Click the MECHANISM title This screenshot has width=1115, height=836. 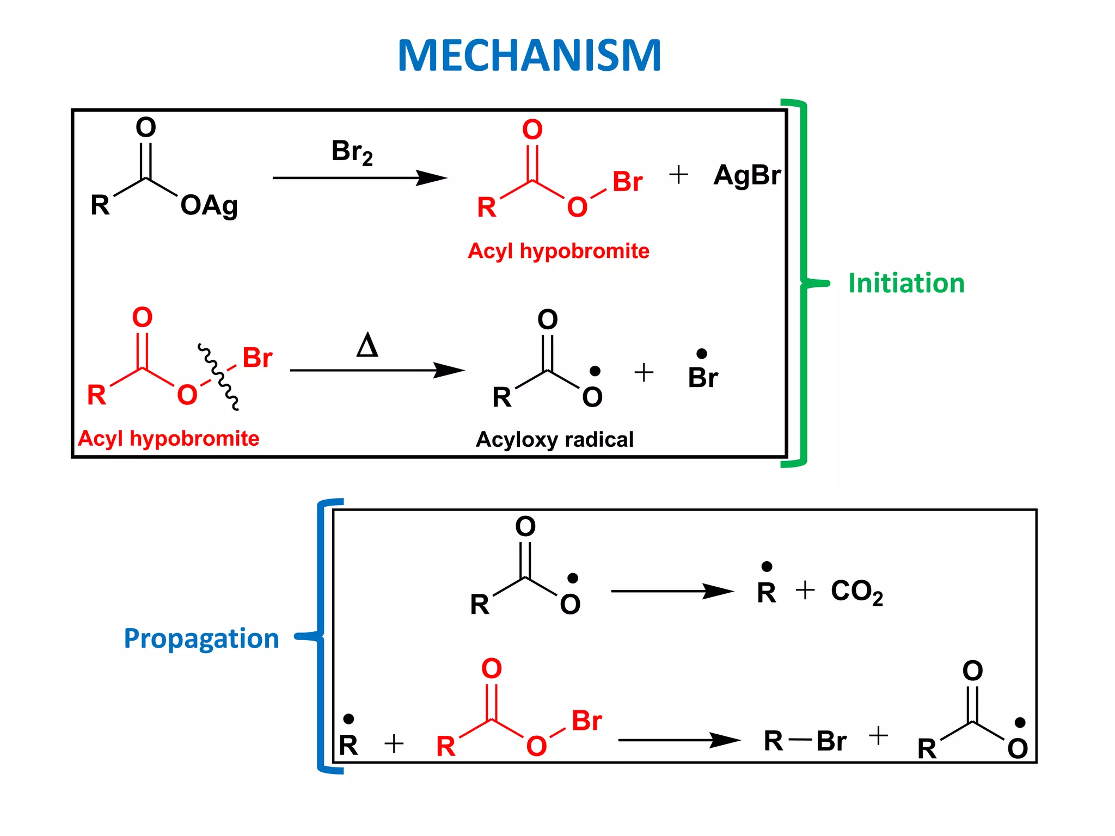(529, 56)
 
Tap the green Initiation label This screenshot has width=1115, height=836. (906, 284)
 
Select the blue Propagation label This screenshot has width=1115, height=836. (201, 638)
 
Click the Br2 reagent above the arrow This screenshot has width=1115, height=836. (352, 152)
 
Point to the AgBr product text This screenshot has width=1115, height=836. (746, 175)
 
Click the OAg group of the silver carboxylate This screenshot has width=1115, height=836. (209, 206)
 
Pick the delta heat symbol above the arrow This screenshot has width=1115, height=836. (367, 345)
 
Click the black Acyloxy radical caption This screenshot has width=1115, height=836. (554, 439)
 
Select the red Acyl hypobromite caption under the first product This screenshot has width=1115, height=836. (558, 251)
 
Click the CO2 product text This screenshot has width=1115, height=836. (856, 592)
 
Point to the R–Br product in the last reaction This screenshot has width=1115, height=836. (804, 741)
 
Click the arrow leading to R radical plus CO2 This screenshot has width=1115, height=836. (672, 591)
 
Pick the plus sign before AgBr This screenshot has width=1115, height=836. (678, 175)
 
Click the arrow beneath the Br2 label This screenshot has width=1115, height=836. (359, 178)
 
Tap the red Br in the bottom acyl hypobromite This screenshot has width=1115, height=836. (586, 721)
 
